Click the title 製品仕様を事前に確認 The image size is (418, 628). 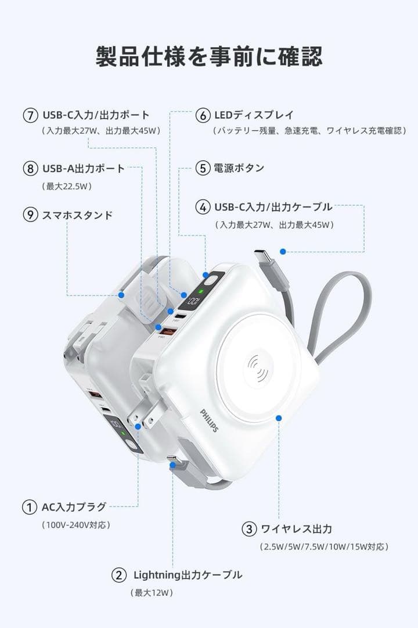209,57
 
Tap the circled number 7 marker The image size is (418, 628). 31,115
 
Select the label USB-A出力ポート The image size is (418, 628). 84,169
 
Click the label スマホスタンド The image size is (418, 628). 77,215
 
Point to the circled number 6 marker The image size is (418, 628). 203,115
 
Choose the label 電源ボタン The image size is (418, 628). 239,168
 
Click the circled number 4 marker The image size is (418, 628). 203,206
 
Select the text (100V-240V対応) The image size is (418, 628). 75,525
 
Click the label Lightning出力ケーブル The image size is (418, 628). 188,575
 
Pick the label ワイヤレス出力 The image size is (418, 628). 296,529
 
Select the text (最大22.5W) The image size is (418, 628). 67,187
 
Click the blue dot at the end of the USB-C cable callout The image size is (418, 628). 283,252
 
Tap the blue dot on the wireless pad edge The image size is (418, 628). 279,418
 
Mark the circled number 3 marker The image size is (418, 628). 248,529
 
